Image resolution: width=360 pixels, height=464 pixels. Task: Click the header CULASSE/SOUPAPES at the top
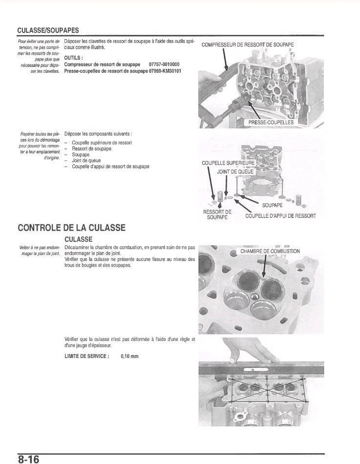coord(48,30)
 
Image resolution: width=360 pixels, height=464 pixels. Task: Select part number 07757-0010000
coord(164,64)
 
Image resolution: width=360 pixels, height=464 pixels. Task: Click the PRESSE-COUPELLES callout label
coord(271,122)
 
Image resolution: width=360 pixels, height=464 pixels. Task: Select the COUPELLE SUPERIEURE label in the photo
coord(228,163)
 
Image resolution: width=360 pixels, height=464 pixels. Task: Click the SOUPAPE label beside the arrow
coord(272,205)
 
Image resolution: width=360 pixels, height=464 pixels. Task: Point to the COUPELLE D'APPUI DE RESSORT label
coord(280,216)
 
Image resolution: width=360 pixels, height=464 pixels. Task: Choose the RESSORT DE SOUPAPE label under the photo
coord(217,214)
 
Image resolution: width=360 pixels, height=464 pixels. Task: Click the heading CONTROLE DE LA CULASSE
coord(71,228)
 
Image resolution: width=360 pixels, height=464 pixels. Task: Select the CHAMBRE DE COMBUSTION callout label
coord(270,252)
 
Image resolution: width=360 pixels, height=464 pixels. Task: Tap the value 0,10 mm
coord(129,357)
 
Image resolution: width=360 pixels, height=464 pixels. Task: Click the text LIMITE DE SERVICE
coord(86,357)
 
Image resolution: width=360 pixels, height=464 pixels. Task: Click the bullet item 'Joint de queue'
coord(86,160)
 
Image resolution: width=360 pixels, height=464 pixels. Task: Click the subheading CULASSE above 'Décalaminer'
coord(78,239)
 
